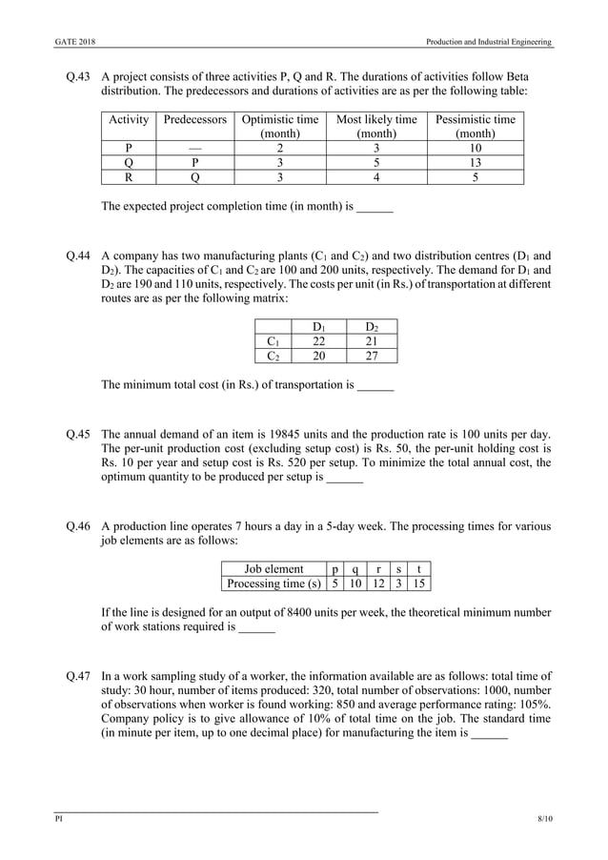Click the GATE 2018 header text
coord(73,42)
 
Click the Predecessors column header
coord(194,119)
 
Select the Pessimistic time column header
coord(475,119)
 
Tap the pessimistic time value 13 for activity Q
coord(475,162)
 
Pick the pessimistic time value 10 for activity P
coord(475,148)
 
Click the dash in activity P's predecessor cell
coord(194,148)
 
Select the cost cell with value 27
coord(374,356)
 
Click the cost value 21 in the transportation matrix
coord(374,341)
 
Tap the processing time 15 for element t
coord(417,584)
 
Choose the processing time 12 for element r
coord(377,584)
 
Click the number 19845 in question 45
coord(298,434)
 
